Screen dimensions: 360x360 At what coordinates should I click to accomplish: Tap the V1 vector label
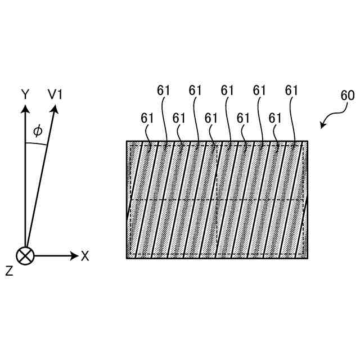(x=55, y=94)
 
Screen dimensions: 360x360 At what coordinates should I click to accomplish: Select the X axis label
(x=85, y=256)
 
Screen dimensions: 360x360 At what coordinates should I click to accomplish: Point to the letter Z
(x=9, y=271)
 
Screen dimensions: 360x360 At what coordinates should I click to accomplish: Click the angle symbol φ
(x=38, y=131)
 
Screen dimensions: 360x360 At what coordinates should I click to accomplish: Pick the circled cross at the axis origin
(x=25, y=256)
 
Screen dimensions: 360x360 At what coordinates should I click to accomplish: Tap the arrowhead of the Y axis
(x=25, y=108)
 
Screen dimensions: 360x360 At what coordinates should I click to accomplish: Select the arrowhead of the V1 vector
(x=56, y=108)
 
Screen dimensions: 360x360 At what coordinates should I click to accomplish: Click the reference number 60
(x=348, y=95)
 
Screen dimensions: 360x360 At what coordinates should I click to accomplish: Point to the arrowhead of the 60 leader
(x=322, y=127)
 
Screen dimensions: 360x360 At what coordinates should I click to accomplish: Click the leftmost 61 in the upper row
(x=163, y=90)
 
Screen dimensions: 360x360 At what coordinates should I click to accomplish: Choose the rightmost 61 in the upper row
(x=291, y=90)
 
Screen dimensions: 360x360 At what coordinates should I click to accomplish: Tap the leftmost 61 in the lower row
(x=147, y=118)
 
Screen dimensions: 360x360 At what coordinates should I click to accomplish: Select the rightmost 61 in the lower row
(x=275, y=118)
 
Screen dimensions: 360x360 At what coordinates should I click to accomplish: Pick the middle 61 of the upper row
(x=227, y=90)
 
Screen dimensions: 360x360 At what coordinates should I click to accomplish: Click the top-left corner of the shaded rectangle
(x=127, y=141)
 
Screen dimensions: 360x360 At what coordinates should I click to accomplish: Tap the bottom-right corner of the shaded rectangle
(x=307, y=258)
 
